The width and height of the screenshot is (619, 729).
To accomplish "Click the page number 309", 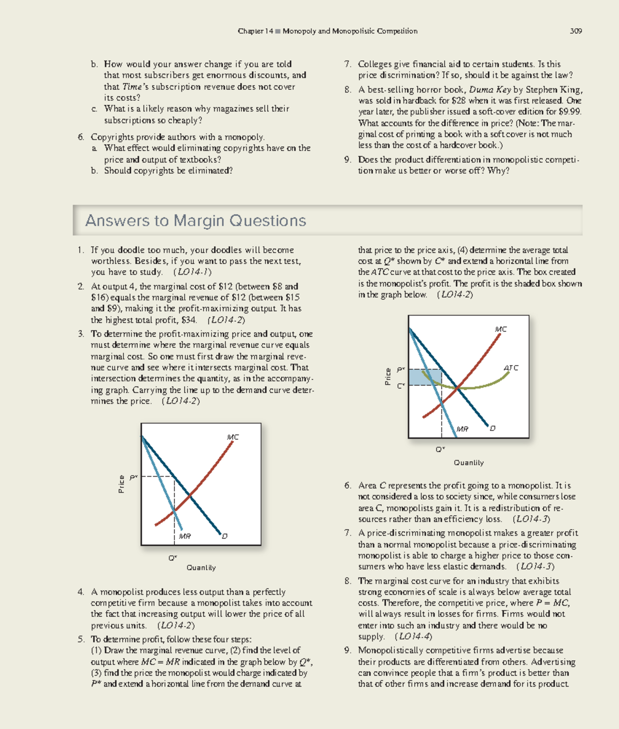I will coord(576,31).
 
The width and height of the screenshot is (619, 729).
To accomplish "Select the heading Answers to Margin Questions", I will coord(196,220).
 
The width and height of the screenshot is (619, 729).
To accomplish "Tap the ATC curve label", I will coord(511,368).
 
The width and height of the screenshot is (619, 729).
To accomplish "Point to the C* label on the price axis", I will coord(400,386).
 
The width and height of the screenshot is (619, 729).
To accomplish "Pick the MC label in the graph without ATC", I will coord(233,437).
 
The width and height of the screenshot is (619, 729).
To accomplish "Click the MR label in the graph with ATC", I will coord(462,429).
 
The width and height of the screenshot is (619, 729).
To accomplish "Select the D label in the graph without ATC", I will coord(224,536).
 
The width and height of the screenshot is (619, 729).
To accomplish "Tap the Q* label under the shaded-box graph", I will coord(440,450).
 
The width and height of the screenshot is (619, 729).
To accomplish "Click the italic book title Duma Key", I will coord(490,90).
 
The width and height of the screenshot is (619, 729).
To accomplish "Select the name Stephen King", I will coord(553,90).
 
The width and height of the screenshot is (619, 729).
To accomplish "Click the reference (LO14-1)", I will coord(192,272).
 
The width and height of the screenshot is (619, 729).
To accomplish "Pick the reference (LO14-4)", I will coord(413,637).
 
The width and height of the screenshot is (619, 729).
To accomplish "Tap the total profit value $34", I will coord(189,320).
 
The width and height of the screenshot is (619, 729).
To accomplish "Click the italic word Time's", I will coord(135,87).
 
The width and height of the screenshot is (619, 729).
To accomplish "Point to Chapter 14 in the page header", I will coord(255,31).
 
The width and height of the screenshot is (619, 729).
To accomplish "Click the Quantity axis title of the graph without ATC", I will coord(201,567).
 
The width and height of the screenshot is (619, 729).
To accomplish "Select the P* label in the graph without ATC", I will coord(133,477).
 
